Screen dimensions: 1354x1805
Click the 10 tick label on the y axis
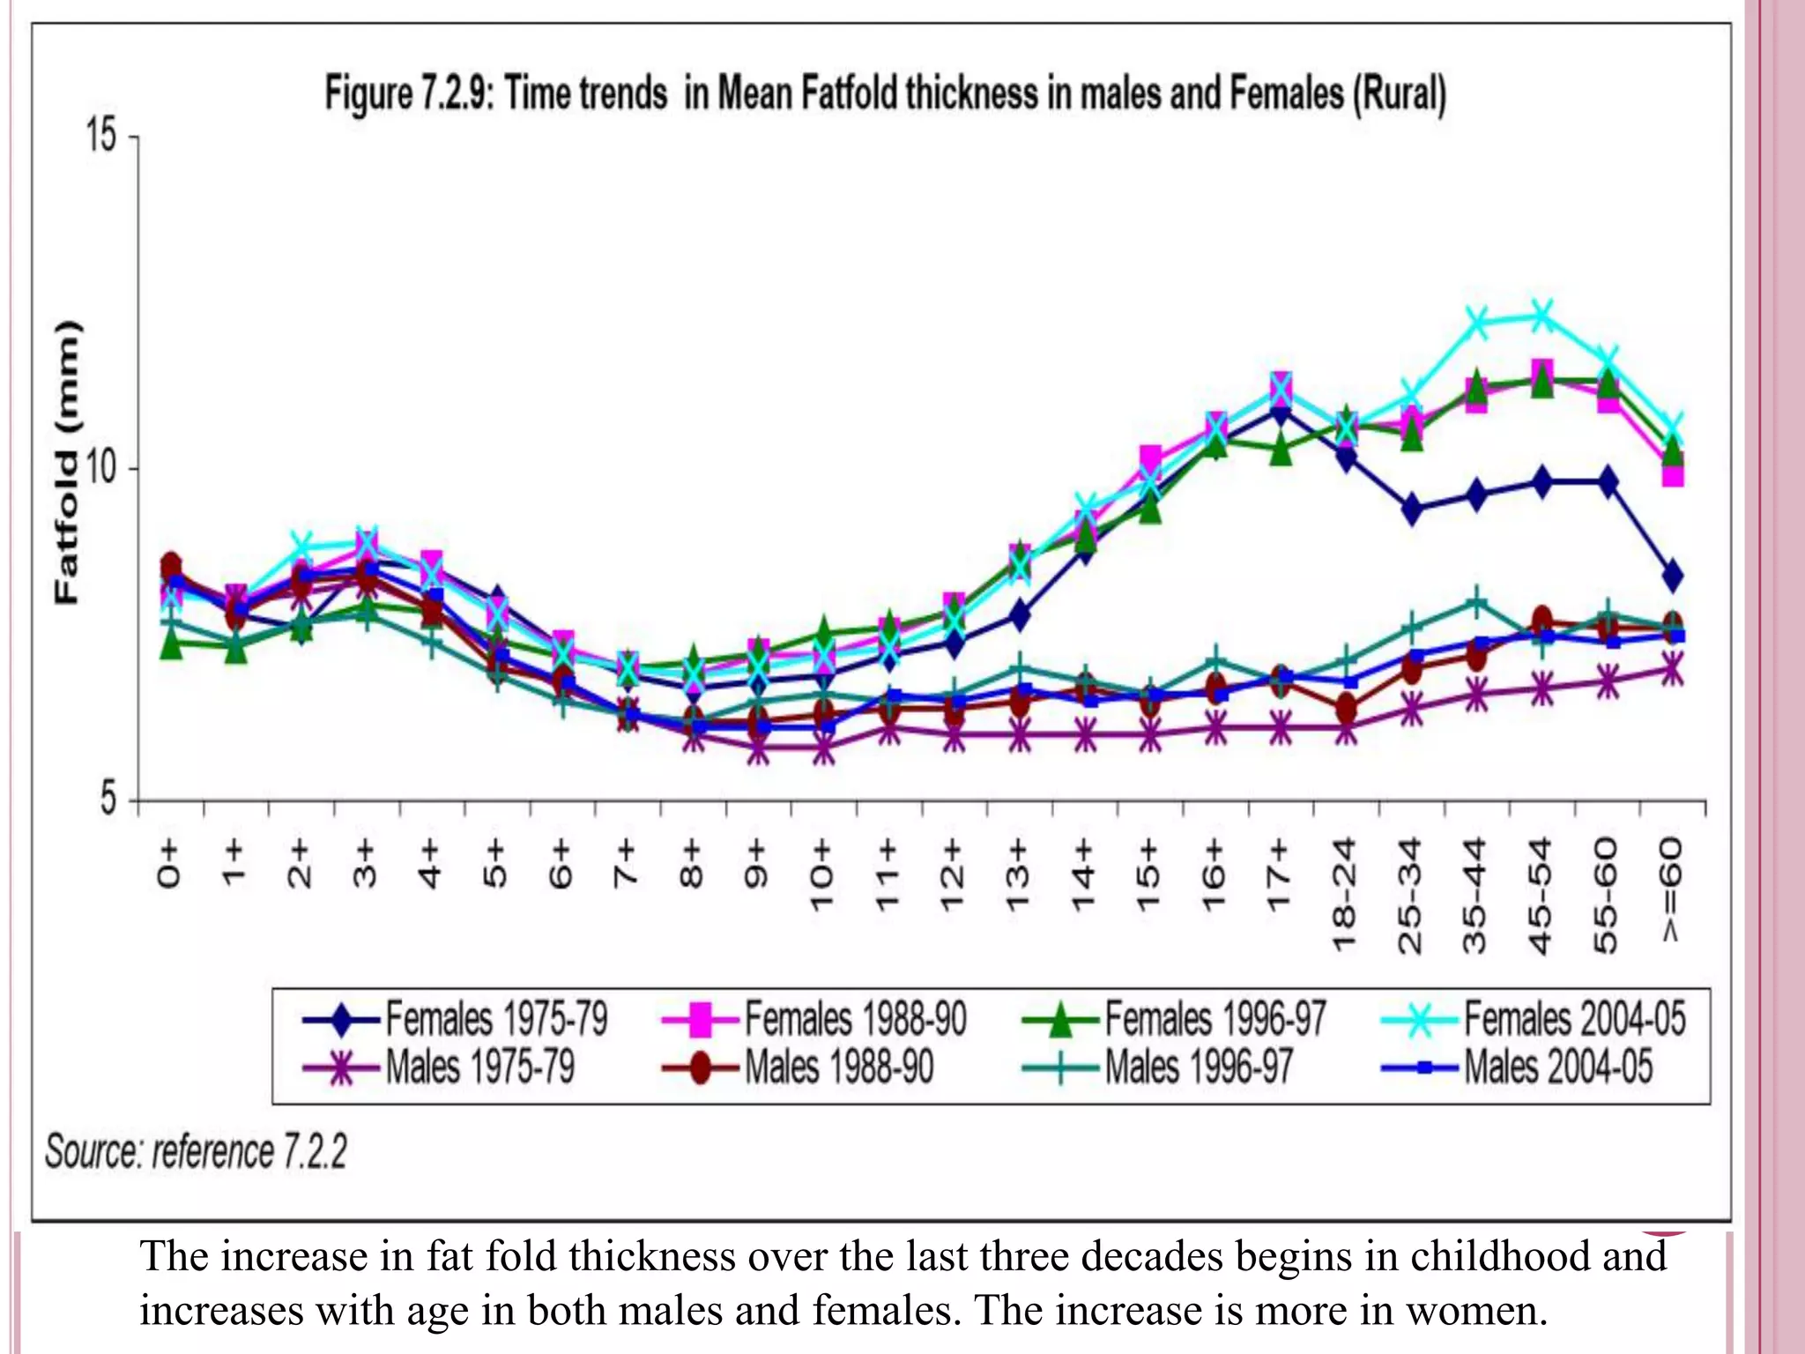tap(100, 468)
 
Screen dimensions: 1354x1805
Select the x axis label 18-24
tap(1345, 895)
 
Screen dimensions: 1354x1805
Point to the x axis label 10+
tap(821, 875)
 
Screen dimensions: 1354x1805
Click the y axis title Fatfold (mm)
tap(67, 462)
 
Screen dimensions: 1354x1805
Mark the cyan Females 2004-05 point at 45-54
tap(1541, 315)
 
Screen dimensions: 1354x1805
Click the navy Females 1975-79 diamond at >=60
tap(1672, 577)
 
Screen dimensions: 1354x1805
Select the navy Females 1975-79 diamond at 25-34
tap(1411, 510)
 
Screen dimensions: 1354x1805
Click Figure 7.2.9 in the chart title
tap(407, 93)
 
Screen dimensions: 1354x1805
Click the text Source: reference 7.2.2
tap(196, 1152)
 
